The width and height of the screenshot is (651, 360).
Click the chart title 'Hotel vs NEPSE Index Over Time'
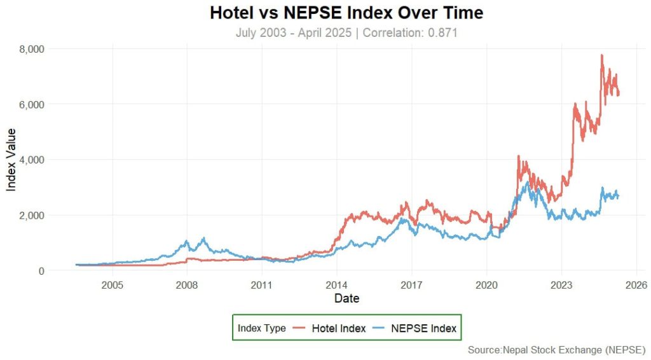[x=346, y=13]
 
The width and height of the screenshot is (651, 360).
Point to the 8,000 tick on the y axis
[x=32, y=49]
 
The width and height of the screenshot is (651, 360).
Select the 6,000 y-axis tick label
[x=32, y=104]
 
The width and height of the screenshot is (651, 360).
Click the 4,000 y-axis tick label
[x=32, y=160]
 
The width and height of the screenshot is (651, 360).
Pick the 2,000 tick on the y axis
[x=32, y=215]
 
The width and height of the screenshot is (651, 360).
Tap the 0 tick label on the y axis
[x=40, y=271]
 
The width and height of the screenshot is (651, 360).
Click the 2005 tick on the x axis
[x=112, y=284]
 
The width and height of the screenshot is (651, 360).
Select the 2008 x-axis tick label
[x=187, y=284]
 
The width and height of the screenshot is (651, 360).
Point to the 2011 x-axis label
[x=262, y=284]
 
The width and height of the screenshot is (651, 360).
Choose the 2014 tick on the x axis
[x=337, y=284]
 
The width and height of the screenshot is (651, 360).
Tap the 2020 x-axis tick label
[x=486, y=284]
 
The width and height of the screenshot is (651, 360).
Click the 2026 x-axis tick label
[x=636, y=284]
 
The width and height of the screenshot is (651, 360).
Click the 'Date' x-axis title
[x=347, y=298]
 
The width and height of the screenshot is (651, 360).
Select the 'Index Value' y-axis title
[x=11, y=160]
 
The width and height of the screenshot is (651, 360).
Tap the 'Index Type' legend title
[x=261, y=328]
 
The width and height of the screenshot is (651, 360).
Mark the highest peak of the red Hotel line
[x=601, y=55]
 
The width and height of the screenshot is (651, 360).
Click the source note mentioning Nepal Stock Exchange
[x=556, y=350]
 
